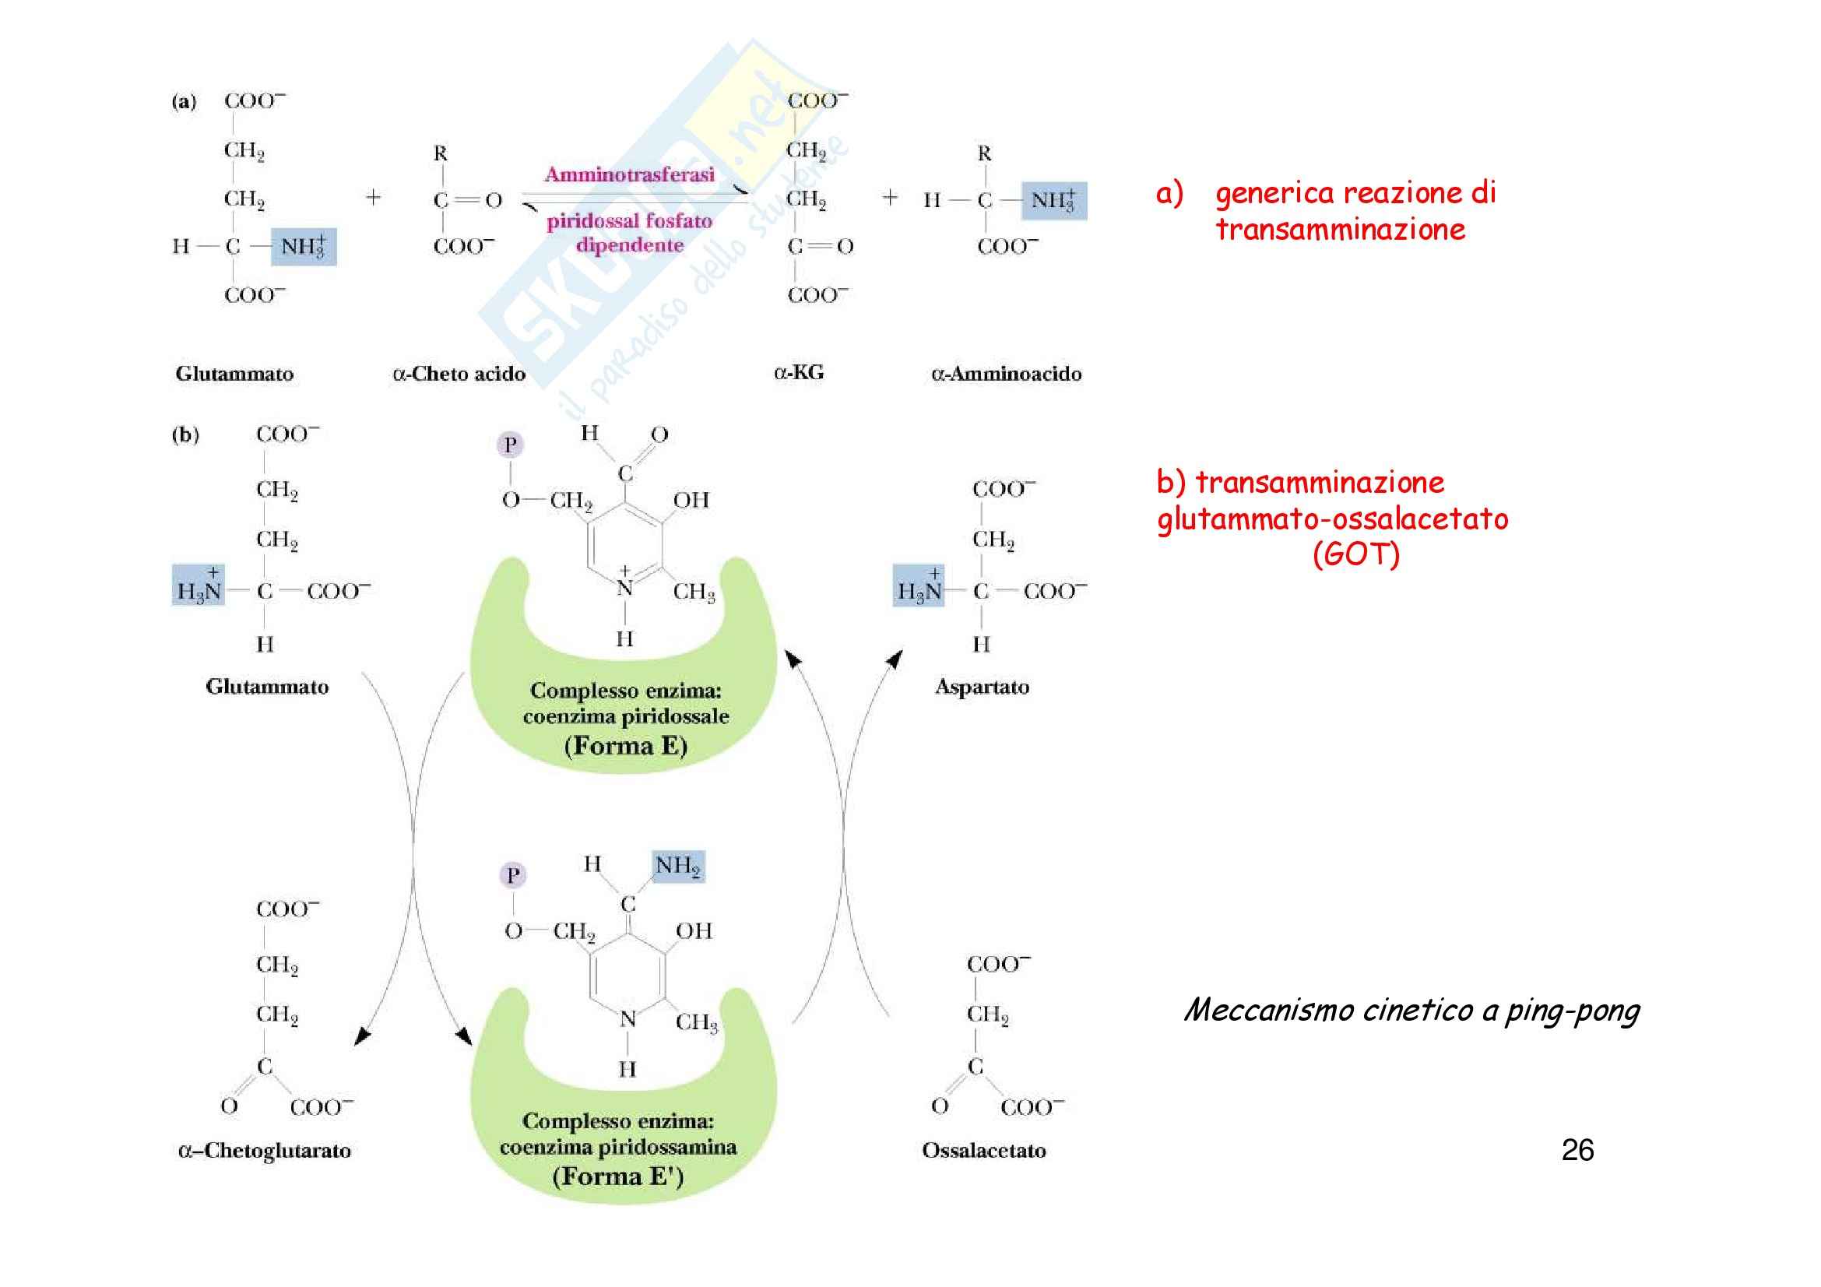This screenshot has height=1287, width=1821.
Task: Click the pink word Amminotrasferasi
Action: click(x=629, y=174)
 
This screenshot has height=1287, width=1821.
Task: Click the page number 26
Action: click(x=1577, y=1150)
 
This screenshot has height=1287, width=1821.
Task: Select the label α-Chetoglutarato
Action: click(x=265, y=1151)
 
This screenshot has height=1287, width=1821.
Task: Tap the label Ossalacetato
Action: click(x=983, y=1151)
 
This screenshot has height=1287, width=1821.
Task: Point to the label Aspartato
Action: click(x=982, y=687)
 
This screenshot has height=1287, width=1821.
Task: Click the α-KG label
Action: click(x=799, y=373)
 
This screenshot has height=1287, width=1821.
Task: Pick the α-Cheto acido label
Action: click(x=459, y=374)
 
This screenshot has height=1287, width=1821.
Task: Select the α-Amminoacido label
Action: click(x=1006, y=374)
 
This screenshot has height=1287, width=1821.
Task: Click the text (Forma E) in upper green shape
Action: click(x=625, y=746)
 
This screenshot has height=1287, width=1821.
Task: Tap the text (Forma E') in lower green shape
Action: click(x=618, y=1176)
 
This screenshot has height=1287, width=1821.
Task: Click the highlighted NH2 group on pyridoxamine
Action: click(x=677, y=866)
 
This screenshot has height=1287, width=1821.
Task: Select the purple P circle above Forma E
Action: click(x=510, y=445)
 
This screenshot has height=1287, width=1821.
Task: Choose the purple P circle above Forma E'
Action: click(x=513, y=875)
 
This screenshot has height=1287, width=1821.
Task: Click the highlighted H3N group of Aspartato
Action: click(x=919, y=587)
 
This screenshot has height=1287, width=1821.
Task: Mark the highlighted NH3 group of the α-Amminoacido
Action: click(x=1053, y=200)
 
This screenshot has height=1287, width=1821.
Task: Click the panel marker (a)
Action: click(x=184, y=101)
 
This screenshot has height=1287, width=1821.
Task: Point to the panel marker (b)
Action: click(x=185, y=434)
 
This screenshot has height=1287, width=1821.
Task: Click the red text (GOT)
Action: click(x=1355, y=554)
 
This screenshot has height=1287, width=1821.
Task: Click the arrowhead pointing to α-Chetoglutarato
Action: click(x=362, y=1036)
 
